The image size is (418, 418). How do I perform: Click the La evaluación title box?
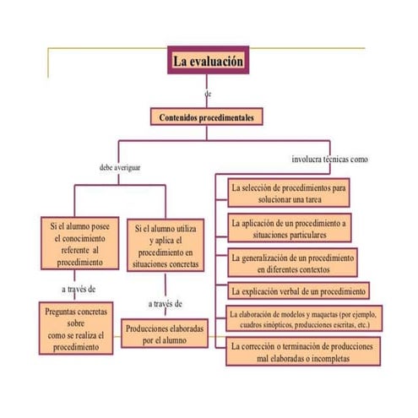[208, 62]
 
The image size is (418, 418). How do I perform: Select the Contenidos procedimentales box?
[207, 117]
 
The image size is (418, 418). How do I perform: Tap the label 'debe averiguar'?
[120, 167]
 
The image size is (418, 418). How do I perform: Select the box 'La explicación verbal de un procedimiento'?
[298, 291]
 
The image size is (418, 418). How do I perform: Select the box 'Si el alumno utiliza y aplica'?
[166, 246]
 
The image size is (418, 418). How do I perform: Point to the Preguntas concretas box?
[75, 329]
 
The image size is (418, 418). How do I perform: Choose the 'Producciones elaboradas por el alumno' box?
[165, 334]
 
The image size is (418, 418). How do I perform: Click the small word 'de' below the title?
[208, 92]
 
